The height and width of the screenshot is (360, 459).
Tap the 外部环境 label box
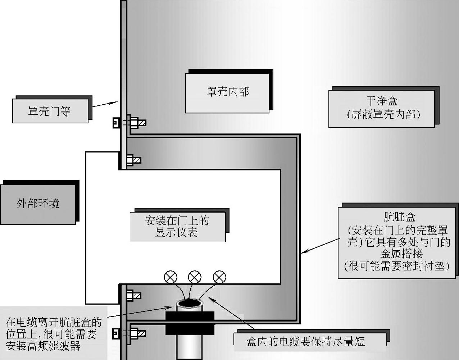pos(38,204)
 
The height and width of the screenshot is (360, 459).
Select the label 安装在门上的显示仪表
pos(177,226)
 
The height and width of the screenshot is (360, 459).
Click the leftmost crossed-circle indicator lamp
pos(171,277)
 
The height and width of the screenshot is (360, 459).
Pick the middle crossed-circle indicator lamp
pos(195,277)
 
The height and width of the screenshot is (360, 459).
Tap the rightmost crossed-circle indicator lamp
pos(219,277)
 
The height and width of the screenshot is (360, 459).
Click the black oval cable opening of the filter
pos(190,304)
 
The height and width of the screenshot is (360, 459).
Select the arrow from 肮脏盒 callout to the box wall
pos(320,245)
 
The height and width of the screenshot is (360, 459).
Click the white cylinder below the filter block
pos(190,346)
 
